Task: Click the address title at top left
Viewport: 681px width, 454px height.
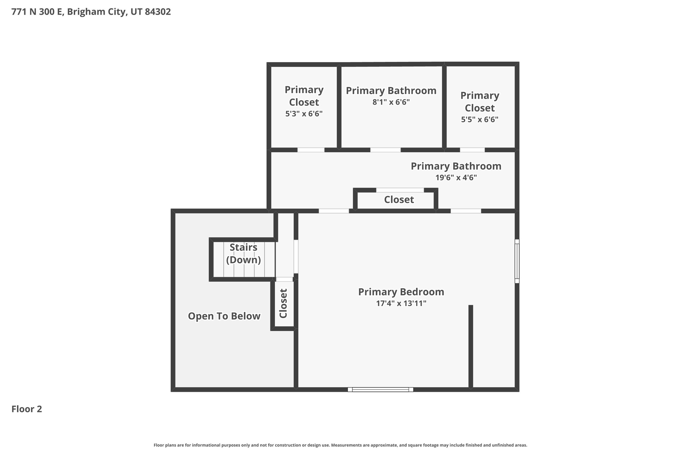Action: pyautogui.click(x=91, y=12)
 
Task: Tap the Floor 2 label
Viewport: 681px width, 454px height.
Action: pyautogui.click(x=27, y=409)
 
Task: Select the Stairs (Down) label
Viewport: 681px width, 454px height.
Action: pyautogui.click(x=243, y=253)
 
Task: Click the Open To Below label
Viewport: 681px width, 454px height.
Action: pyautogui.click(x=224, y=316)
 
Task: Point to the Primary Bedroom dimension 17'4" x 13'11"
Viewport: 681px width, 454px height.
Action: pyautogui.click(x=401, y=303)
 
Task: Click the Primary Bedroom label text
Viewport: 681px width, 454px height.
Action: pyautogui.click(x=401, y=292)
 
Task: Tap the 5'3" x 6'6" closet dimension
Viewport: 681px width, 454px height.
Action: pyautogui.click(x=304, y=114)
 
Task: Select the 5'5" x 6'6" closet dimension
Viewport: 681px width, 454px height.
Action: pyautogui.click(x=479, y=119)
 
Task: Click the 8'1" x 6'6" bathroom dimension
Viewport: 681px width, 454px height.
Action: pyautogui.click(x=391, y=102)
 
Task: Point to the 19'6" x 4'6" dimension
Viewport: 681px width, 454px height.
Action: pyautogui.click(x=456, y=178)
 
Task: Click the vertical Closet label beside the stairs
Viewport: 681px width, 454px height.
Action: pyautogui.click(x=283, y=303)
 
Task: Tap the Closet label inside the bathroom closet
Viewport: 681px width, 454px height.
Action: pyautogui.click(x=399, y=200)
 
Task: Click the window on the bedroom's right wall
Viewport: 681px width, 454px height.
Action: pyautogui.click(x=517, y=261)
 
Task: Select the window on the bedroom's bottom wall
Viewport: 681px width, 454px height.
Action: pyautogui.click(x=380, y=389)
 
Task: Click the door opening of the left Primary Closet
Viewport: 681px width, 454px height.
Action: pyautogui.click(x=311, y=150)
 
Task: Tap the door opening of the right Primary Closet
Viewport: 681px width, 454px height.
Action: pyautogui.click(x=472, y=150)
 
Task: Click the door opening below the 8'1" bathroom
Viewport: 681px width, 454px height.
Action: pyautogui.click(x=385, y=150)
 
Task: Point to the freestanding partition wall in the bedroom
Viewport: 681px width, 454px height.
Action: pyautogui.click(x=471, y=346)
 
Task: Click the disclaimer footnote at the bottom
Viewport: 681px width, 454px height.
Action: pyautogui.click(x=340, y=445)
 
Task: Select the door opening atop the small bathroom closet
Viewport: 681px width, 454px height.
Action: pyautogui.click(x=400, y=190)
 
